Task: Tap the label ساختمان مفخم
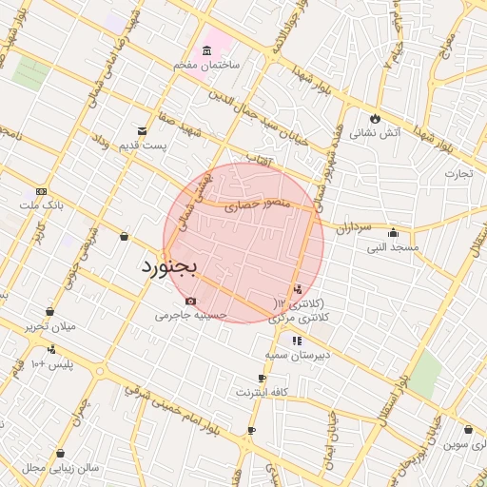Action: pyautogui.click(x=205, y=64)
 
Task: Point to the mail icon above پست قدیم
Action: pyautogui.click(x=142, y=130)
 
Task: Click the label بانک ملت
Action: pyautogui.click(x=40, y=204)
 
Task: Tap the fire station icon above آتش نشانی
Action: pyautogui.click(x=376, y=119)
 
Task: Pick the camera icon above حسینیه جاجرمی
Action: pyautogui.click(x=191, y=302)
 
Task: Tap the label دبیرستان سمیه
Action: pyautogui.click(x=296, y=355)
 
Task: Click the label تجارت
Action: pyautogui.click(x=458, y=174)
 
